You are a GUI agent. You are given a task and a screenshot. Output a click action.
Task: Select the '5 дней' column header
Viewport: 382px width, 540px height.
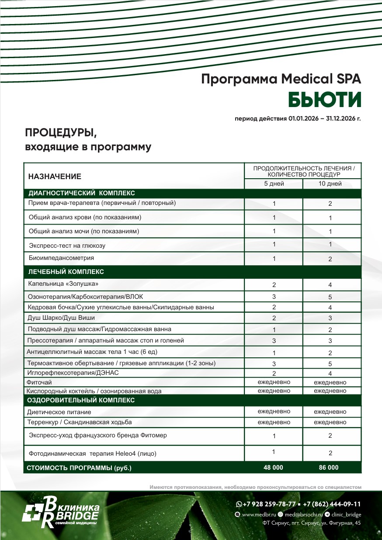click(274, 184)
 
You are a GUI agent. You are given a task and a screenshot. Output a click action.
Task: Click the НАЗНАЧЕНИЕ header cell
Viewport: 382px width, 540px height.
click(55, 177)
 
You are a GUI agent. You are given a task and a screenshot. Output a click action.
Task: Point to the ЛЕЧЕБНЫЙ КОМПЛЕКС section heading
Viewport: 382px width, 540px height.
click(66, 272)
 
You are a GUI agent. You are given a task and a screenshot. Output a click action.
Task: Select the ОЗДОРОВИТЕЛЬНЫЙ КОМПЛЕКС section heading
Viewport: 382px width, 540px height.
click(81, 400)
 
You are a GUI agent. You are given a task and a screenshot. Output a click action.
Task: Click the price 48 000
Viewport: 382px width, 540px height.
click(274, 467)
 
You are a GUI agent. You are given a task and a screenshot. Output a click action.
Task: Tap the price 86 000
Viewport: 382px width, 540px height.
click(329, 467)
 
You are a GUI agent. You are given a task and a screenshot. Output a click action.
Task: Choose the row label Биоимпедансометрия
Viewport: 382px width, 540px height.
click(61, 258)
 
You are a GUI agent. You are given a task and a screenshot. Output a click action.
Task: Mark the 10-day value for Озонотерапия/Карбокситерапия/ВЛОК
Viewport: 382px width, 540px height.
click(330, 297)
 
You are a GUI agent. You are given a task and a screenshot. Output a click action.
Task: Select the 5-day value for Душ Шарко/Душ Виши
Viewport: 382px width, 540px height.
click(274, 318)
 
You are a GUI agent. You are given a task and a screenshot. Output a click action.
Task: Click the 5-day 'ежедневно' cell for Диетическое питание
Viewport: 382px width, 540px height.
click(274, 412)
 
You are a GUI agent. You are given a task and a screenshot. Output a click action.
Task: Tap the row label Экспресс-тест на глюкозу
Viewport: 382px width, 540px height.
click(67, 246)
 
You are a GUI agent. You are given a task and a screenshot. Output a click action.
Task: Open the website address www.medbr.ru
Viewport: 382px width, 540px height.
click(256, 515)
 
